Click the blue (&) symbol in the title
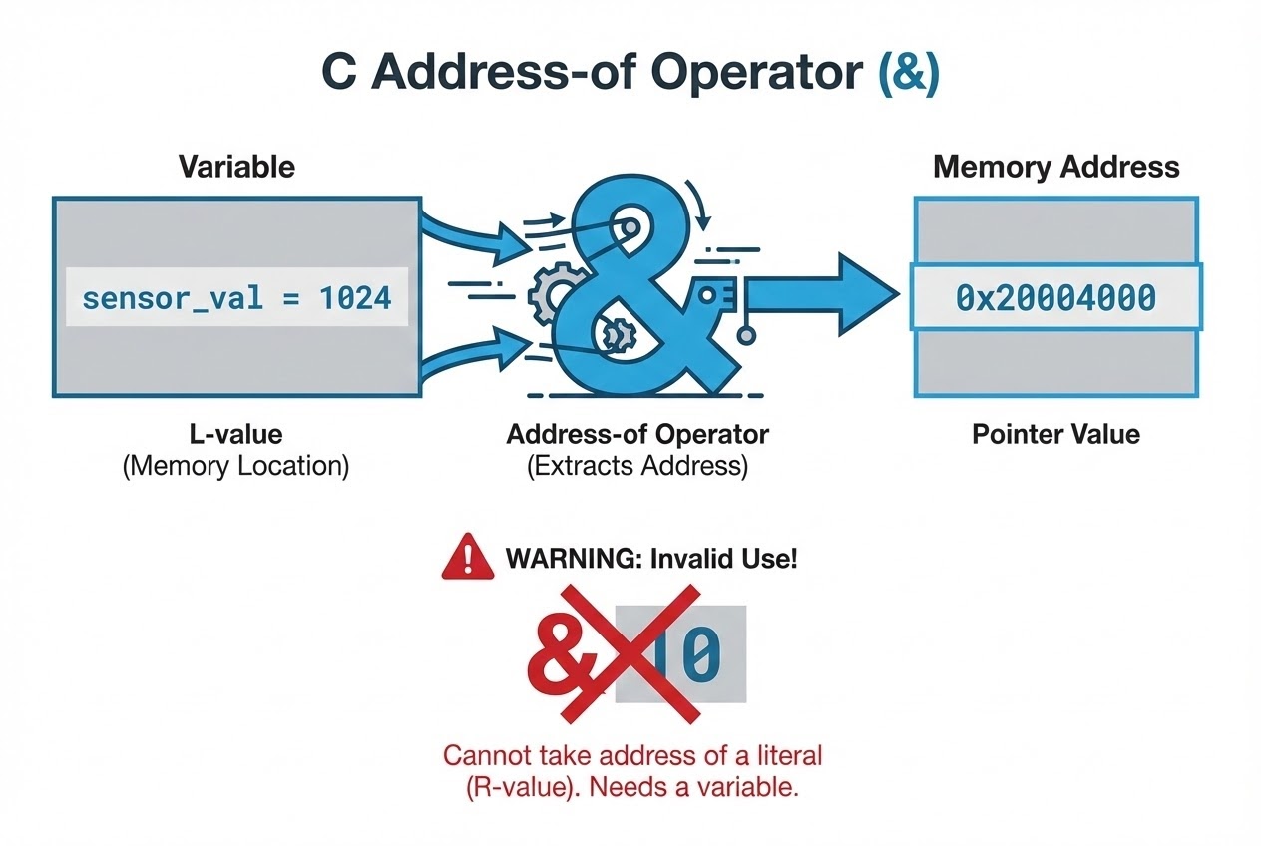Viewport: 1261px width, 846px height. tap(906, 74)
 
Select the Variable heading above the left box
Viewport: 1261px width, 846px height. tap(236, 167)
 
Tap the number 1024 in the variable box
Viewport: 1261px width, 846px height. tap(356, 297)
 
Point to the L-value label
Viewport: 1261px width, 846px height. tap(236, 434)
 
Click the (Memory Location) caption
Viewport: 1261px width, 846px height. tap(236, 467)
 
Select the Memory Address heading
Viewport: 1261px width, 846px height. tap(1055, 167)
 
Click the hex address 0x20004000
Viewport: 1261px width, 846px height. tap(1055, 297)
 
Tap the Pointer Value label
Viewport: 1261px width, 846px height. tap(1055, 434)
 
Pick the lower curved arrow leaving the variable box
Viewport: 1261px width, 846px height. tap(469, 361)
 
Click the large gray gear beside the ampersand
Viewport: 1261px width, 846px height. tap(547, 292)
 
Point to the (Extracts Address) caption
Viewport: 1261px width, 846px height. tap(637, 467)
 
